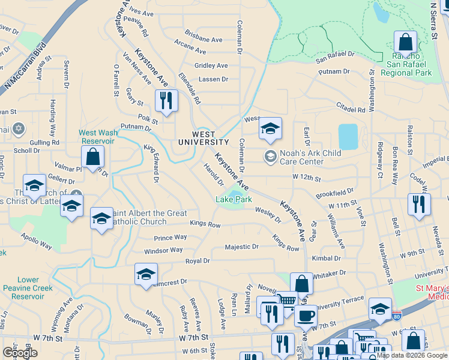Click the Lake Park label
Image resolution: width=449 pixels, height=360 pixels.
click(x=234, y=199)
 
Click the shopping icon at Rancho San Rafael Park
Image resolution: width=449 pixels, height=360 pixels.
click(x=405, y=43)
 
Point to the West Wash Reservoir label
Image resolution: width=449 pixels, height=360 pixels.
click(x=96, y=137)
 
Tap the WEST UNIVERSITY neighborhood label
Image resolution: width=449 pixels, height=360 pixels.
click(x=203, y=138)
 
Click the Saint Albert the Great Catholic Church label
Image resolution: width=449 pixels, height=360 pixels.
click(x=145, y=218)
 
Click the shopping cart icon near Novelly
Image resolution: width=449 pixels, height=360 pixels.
click(x=288, y=299)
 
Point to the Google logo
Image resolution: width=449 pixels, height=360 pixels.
click(x=20, y=353)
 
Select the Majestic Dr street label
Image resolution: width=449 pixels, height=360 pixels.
click(x=241, y=247)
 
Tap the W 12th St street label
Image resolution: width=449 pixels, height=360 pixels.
click(x=307, y=178)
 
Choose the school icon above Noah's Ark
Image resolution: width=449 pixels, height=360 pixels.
click(x=270, y=128)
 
